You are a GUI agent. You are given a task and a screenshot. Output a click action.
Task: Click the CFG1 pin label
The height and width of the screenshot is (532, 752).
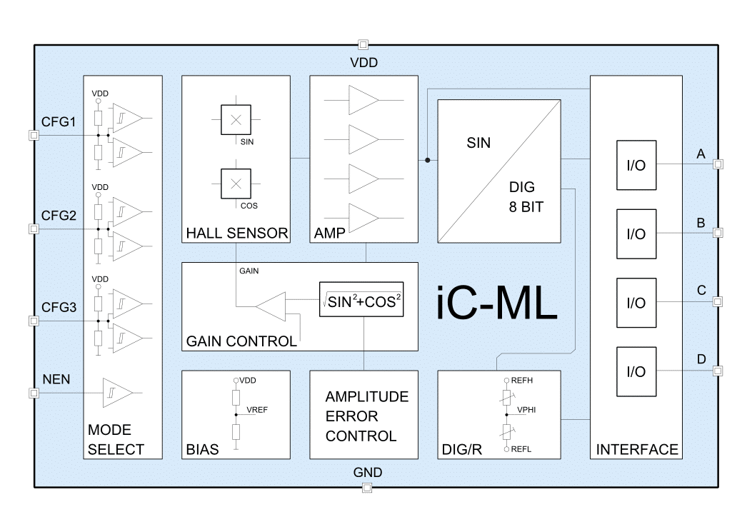click(x=59, y=122)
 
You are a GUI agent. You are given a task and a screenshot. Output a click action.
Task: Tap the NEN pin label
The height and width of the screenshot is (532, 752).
click(x=56, y=379)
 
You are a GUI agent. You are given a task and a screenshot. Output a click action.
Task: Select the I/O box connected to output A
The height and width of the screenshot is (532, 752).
click(x=636, y=165)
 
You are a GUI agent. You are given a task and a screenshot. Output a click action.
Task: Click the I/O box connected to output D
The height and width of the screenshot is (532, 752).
click(x=636, y=371)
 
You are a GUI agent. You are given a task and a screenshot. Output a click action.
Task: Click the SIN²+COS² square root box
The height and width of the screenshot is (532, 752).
click(x=361, y=302)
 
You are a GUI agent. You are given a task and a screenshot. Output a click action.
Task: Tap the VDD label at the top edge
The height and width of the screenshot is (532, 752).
click(x=364, y=63)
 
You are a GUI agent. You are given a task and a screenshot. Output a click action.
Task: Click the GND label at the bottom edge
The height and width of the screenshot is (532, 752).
click(x=368, y=473)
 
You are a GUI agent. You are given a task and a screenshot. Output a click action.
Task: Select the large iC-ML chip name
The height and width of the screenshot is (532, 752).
click(x=496, y=305)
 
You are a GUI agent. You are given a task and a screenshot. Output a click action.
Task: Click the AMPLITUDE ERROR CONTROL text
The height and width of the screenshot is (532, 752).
click(x=367, y=416)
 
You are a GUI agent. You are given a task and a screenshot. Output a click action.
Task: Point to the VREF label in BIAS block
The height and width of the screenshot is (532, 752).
click(x=257, y=410)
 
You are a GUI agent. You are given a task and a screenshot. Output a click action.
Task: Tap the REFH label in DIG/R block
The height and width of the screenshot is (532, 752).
click(x=522, y=381)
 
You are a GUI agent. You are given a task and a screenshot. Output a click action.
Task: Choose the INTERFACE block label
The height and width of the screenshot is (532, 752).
click(x=637, y=449)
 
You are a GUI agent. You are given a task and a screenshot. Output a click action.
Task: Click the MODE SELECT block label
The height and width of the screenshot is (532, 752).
click(x=116, y=440)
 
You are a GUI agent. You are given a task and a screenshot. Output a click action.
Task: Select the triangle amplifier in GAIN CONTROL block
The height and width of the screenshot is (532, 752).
click(x=272, y=307)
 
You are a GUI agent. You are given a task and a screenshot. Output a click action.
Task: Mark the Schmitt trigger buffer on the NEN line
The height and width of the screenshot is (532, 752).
click(x=116, y=393)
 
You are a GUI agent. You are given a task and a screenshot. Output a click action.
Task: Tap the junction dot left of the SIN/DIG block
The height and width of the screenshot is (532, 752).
click(x=427, y=160)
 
